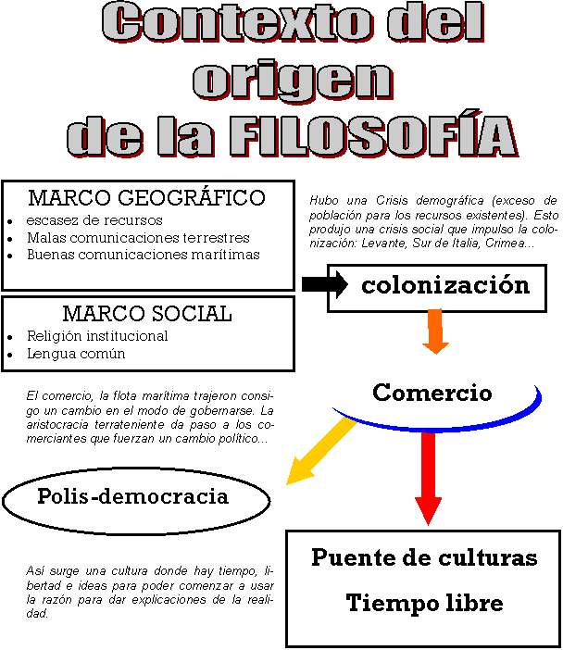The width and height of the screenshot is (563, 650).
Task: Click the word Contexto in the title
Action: pos(236,22)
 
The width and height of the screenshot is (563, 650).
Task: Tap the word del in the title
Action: pos(435,22)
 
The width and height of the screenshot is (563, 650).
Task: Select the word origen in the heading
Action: pos(293,81)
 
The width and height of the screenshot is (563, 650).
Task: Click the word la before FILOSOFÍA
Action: pos(186,137)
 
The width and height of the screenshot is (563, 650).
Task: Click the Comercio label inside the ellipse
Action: pos(432,393)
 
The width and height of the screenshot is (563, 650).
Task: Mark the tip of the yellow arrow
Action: pos(289,482)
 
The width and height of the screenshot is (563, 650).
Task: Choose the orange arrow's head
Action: pos(435,346)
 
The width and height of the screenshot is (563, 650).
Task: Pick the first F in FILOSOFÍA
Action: pos(244,138)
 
